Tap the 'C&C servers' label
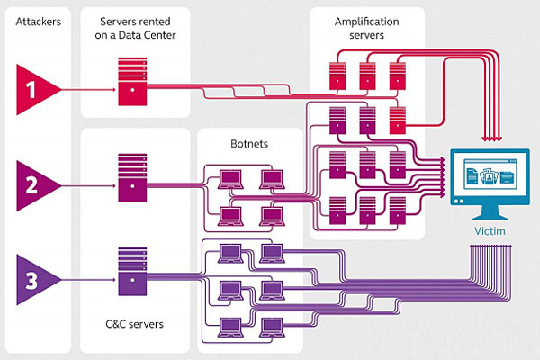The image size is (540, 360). click(x=133, y=322)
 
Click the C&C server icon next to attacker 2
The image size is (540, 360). click(x=132, y=175)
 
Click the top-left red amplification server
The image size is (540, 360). click(x=338, y=74)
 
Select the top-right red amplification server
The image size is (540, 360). click(x=397, y=74)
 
